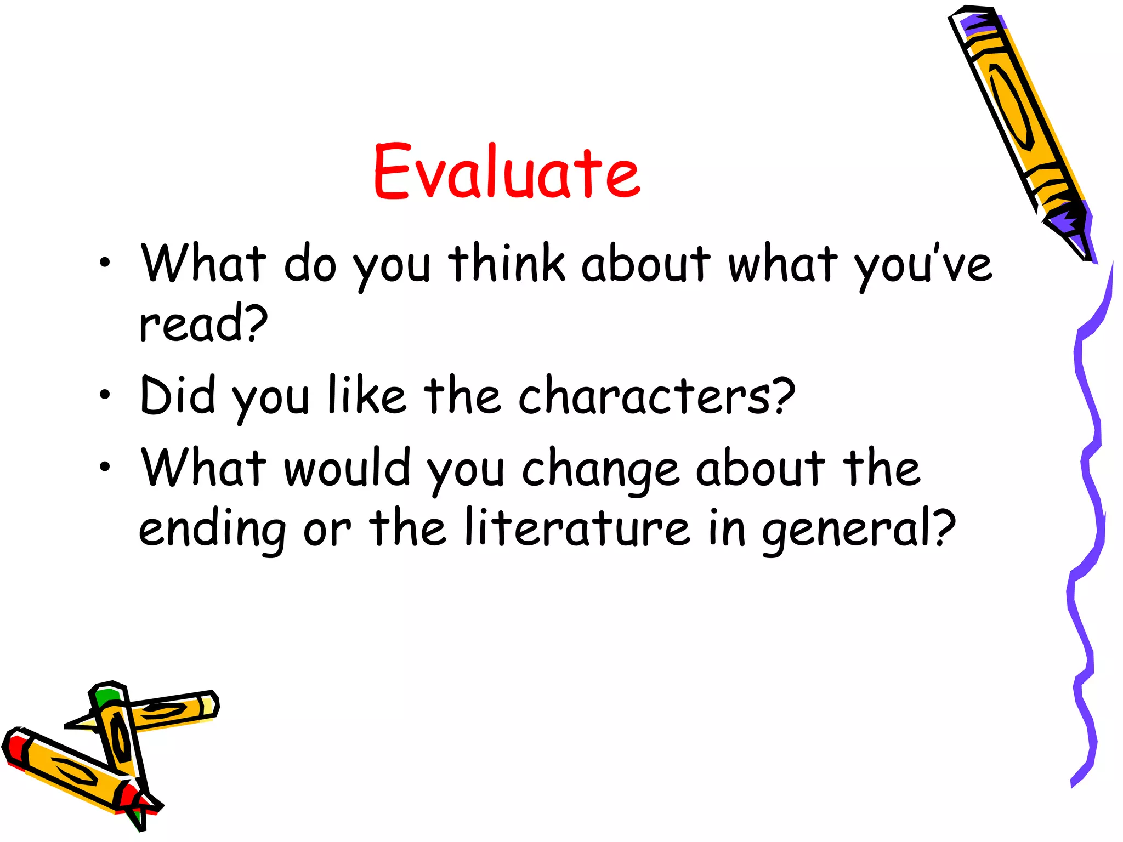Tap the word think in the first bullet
tap(507, 264)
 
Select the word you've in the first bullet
tap(923, 266)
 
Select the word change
tap(600, 470)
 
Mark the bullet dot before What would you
tap(105, 467)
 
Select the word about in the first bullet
tap(645, 264)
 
